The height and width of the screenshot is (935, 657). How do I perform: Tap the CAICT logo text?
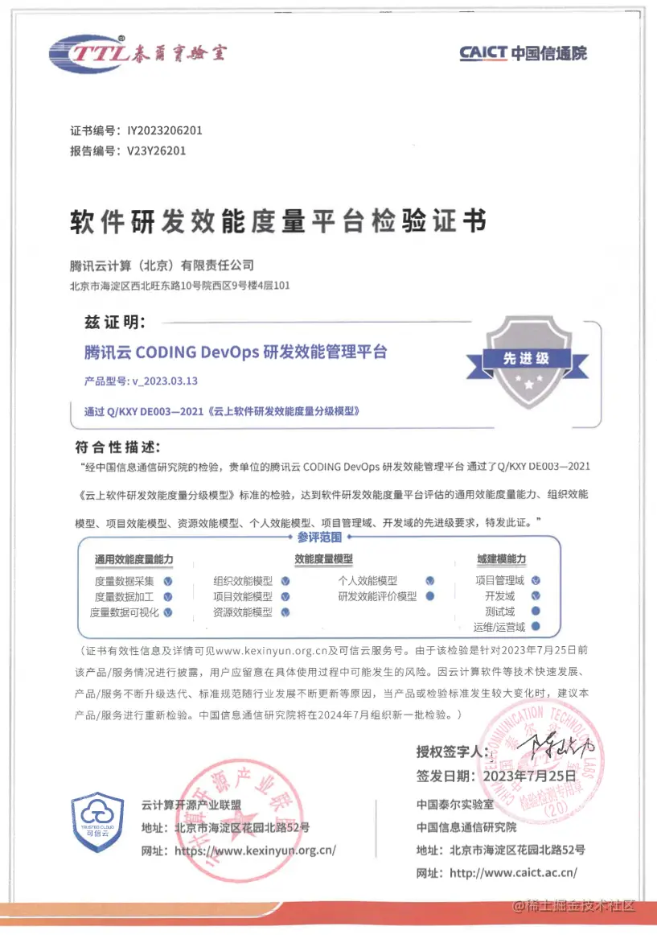pyautogui.click(x=523, y=54)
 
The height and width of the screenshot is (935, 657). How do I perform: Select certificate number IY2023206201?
pyautogui.click(x=165, y=130)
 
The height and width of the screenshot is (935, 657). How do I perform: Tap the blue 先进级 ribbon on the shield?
pyautogui.click(x=526, y=359)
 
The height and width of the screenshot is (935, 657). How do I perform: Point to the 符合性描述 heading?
pyautogui.click(x=117, y=447)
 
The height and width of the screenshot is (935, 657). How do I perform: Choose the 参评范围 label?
pyautogui.click(x=319, y=537)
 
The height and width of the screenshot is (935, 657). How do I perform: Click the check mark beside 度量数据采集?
pyautogui.click(x=168, y=581)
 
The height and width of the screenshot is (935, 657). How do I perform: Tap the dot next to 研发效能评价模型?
pyautogui.click(x=430, y=596)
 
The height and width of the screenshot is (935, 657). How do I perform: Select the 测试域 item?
pyautogui.click(x=499, y=612)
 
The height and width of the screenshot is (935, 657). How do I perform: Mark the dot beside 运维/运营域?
pyautogui.click(x=535, y=627)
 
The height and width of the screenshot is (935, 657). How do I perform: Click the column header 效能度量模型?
pyautogui.click(x=323, y=559)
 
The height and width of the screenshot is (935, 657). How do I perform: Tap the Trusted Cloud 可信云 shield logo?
pyautogui.click(x=97, y=820)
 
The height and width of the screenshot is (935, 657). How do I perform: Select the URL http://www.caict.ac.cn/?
pyautogui.click(x=513, y=871)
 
